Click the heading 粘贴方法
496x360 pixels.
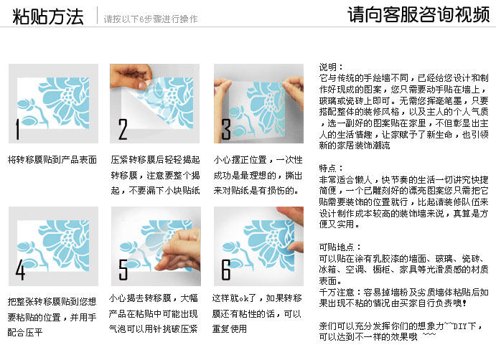pyautogui.click(x=48, y=16)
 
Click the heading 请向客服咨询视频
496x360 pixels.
pyautogui.click(x=418, y=14)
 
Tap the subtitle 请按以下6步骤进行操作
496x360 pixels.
pyautogui.click(x=151, y=19)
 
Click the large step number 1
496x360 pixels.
pyautogui.click(x=18, y=129)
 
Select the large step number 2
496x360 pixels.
pyautogui.click(x=123, y=129)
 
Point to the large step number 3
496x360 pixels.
pyautogui.click(x=226, y=129)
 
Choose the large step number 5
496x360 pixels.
pyautogui.click(x=123, y=270)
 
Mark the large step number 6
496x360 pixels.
pyautogui.click(x=226, y=270)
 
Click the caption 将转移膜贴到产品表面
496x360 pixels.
pyautogui.click(x=52, y=160)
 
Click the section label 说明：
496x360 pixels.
pyautogui.click(x=331, y=67)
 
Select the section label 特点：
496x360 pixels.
pyautogui.click(x=331, y=168)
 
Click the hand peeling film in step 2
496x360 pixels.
pyautogui.click(x=131, y=77)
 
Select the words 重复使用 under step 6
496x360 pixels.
pyautogui.click(x=230, y=328)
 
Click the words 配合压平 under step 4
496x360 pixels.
pyautogui.click(x=25, y=332)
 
